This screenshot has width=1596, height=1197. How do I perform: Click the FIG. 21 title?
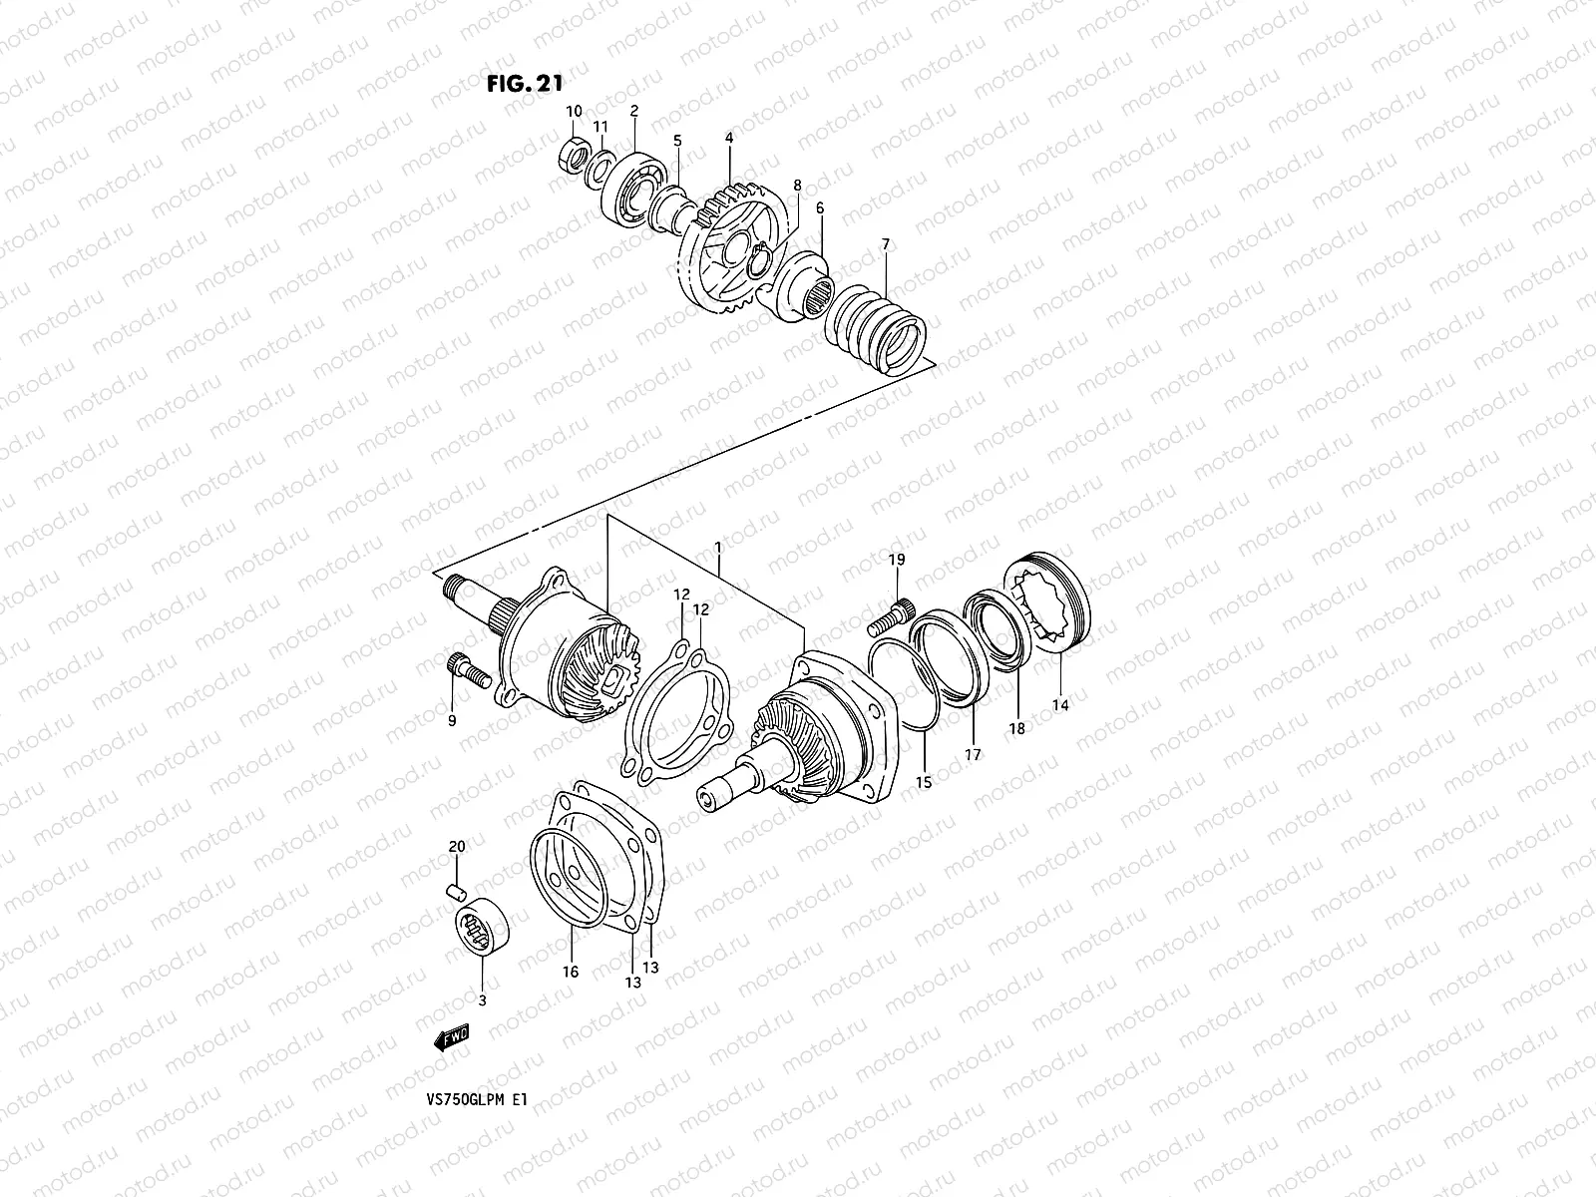click(525, 84)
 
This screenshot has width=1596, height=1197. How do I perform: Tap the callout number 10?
click(574, 111)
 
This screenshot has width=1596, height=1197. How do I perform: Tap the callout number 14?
click(1059, 705)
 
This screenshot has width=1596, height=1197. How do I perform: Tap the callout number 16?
click(571, 972)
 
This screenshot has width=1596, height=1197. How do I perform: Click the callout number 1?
click(717, 548)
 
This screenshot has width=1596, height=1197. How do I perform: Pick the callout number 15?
click(924, 783)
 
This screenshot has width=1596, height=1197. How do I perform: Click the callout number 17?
click(972, 754)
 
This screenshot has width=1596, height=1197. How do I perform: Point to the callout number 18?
click(1015, 729)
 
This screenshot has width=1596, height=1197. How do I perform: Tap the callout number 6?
click(820, 208)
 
